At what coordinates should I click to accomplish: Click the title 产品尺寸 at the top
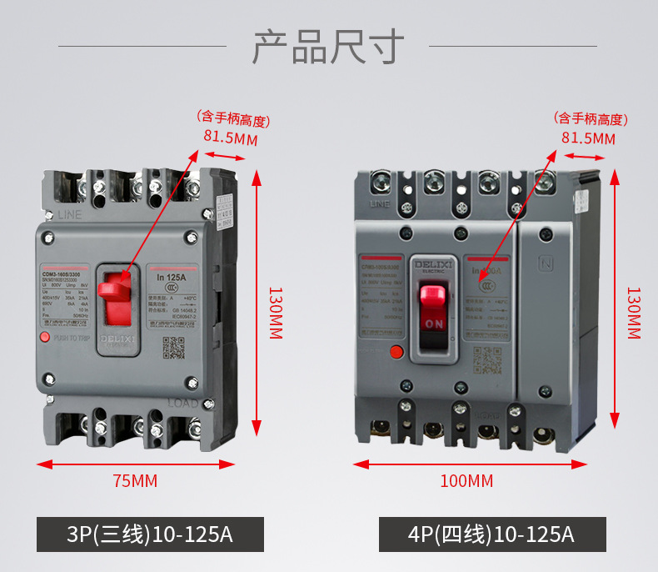click(x=328, y=47)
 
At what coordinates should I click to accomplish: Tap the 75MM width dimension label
click(x=135, y=481)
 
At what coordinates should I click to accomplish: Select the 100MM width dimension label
click(x=466, y=481)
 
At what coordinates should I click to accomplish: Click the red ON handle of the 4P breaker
click(x=433, y=309)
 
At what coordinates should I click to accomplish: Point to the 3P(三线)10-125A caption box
click(x=150, y=534)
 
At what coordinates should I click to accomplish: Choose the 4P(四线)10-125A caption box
click(x=492, y=534)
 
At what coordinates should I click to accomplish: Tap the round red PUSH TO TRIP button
click(x=45, y=338)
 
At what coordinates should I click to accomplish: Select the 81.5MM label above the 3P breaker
click(x=231, y=138)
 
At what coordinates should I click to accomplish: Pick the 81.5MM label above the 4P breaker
click(x=588, y=138)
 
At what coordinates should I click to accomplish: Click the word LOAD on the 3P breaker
click(x=183, y=404)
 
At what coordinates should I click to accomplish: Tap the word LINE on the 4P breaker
click(x=379, y=203)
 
